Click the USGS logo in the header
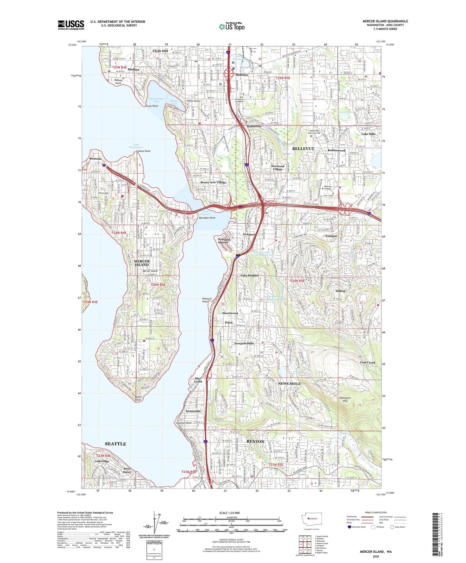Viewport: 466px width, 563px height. (71, 25)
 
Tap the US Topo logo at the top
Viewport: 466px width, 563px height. (232, 26)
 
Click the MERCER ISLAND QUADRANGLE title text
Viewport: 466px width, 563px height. (385, 21)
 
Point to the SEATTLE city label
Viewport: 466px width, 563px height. (115, 444)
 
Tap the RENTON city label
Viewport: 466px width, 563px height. (255, 441)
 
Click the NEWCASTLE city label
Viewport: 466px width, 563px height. (289, 384)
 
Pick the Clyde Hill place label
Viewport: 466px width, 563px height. (160, 51)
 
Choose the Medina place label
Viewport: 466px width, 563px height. (134, 70)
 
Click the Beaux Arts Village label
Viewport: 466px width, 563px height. (213, 182)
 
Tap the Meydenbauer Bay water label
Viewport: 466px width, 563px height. (157, 100)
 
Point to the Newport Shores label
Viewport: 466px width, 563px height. (224, 241)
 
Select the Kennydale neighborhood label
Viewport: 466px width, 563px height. (193, 411)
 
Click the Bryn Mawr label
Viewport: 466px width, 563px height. (127, 470)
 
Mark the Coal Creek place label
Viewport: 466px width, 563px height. (368, 362)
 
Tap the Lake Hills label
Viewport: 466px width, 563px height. (368, 134)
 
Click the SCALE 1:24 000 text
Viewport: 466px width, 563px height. (229, 513)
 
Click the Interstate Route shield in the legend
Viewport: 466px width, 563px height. (350, 527)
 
